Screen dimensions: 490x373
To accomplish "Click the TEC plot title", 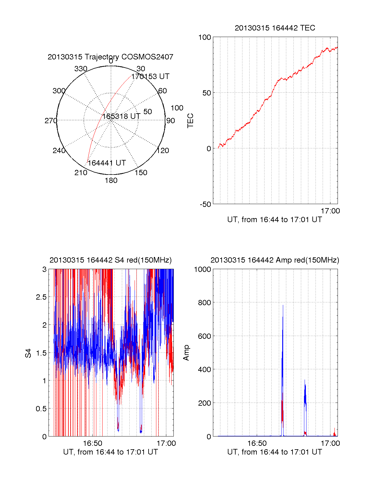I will (x=275, y=28).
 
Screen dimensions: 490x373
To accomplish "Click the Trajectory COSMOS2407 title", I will (x=110, y=57).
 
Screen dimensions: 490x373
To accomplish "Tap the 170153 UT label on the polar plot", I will (x=150, y=77).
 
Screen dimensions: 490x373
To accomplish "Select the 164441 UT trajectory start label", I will (x=107, y=163).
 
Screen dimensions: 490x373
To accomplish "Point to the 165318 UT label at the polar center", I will (x=122, y=116).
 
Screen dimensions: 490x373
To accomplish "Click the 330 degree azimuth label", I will (x=81, y=69).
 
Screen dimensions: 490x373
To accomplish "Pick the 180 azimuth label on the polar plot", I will (x=111, y=180).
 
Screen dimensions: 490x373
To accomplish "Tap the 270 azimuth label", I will (x=51, y=121).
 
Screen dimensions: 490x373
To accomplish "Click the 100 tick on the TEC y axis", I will (x=205, y=37).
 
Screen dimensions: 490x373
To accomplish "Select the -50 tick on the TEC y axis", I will (x=205, y=204).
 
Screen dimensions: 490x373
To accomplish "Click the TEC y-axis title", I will (x=190, y=121).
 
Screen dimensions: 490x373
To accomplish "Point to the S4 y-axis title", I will (x=28, y=353).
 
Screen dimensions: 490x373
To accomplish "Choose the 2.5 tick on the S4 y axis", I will (x=41, y=297).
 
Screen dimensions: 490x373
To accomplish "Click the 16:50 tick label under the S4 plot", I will (x=93, y=443).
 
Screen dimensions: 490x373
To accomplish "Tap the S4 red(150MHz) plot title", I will (x=110, y=260).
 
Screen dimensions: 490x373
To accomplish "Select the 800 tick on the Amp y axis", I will (x=204, y=303).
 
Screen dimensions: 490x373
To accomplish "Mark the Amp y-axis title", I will (x=186, y=353).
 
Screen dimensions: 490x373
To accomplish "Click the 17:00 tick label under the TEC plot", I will (x=330, y=211).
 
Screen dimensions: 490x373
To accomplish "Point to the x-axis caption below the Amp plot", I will (x=274, y=452).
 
